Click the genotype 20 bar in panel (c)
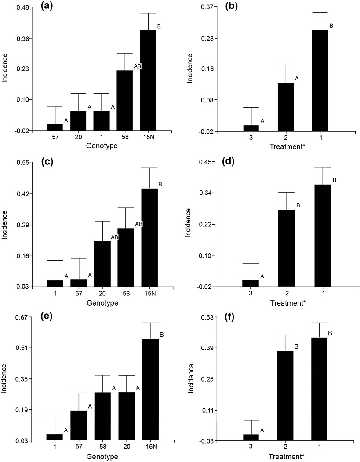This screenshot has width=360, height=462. tap(102, 264)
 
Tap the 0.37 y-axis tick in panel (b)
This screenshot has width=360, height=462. tap(206, 8)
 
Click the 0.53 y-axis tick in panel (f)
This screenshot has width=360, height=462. tap(206, 317)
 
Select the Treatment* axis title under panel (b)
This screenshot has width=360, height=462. tap(286, 146)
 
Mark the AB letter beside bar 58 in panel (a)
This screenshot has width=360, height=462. tap(138, 66)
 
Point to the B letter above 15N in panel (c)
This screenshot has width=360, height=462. tap(160, 184)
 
